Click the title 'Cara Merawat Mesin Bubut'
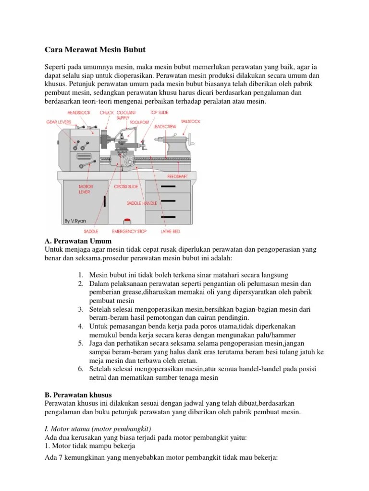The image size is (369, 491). [95, 50]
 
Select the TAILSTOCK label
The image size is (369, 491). [190, 122]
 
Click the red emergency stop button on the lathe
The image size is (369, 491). [127, 221]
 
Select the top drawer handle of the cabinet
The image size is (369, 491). [168, 186]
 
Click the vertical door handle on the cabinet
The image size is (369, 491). [105, 202]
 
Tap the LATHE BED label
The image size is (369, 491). [170, 232]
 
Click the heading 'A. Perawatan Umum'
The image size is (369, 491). [78, 241]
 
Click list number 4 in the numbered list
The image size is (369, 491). [81, 327]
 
